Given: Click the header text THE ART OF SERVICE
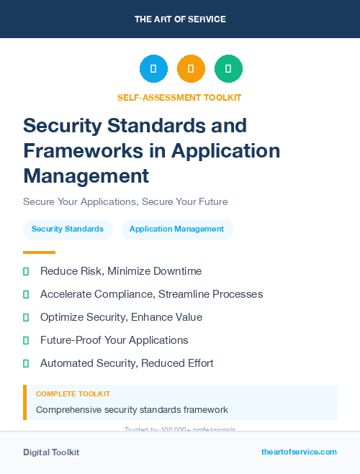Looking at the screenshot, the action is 180,19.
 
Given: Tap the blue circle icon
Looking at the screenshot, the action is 153,68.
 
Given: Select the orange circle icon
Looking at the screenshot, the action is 191,68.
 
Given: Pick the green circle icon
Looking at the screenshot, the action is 228,68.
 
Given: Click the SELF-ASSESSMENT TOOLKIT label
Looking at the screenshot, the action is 179,97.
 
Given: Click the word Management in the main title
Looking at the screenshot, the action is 86,175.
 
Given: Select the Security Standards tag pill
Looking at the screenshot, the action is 68,229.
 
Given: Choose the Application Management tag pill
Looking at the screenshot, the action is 177,229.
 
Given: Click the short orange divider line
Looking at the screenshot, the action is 39,252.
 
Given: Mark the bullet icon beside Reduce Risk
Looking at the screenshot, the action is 26,271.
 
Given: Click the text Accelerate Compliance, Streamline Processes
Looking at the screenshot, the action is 151,294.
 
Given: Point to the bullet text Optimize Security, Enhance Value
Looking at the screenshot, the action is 121,317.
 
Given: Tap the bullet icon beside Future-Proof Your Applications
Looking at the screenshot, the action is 26,340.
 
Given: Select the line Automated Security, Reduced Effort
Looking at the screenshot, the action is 127,363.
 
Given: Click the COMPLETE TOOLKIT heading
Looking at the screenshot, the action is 73,394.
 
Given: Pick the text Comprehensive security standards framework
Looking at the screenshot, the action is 132,410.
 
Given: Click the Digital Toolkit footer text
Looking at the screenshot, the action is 51,452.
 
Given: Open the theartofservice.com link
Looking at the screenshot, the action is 299,452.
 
